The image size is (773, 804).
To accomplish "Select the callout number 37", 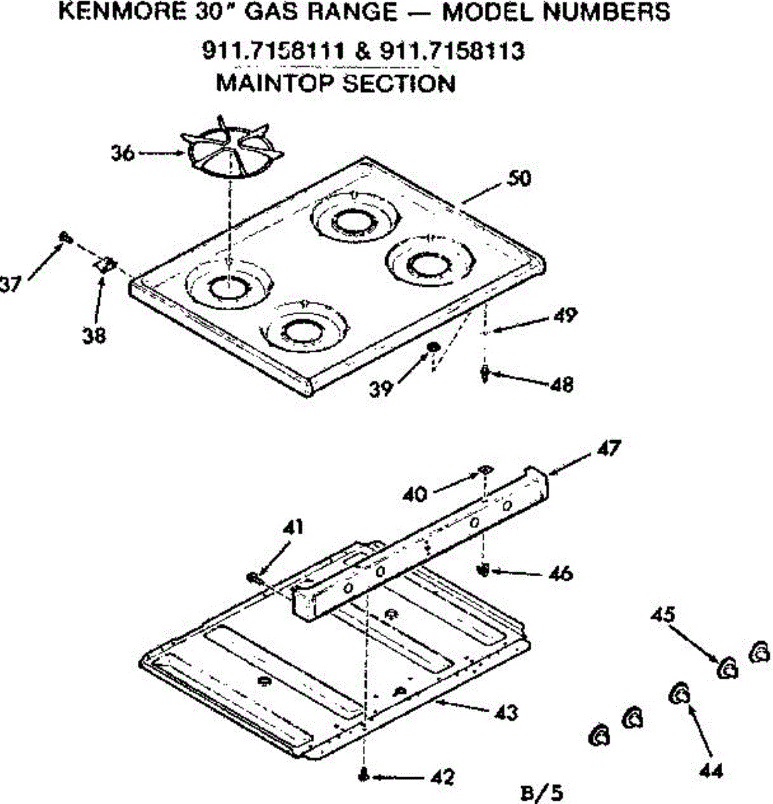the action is click(9, 285).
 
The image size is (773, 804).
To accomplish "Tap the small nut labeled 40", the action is click(484, 469).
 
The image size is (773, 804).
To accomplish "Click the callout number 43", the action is click(507, 712).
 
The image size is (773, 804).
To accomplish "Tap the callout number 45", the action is click(663, 614).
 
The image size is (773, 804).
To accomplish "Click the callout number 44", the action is click(710, 770).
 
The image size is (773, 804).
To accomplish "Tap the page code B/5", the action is click(542, 793).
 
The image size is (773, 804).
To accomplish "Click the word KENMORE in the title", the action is click(113, 12).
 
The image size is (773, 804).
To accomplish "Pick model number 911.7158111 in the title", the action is click(273, 50).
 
